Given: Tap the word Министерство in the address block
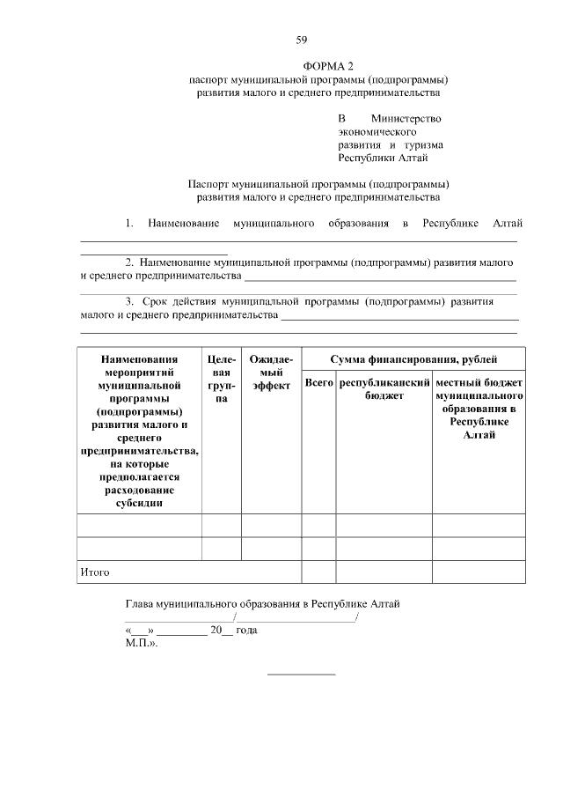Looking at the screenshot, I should point(406,119).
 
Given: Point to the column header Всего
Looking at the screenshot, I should point(318,384).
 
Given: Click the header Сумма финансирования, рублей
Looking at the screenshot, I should point(413,359).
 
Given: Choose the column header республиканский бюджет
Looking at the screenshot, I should point(384,390).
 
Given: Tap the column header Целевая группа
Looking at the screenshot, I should point(222,379).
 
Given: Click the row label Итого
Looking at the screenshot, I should point(94,572).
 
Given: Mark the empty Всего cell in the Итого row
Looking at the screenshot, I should point(318,572).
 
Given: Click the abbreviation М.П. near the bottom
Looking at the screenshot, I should point(141,644).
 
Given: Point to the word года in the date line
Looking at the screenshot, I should point(246,631).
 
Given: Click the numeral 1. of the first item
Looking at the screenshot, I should point(129,224).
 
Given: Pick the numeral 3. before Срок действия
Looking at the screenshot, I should point(129,301).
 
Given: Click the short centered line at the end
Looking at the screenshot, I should point(301,675).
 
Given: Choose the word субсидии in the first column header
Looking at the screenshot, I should point(139,505).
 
